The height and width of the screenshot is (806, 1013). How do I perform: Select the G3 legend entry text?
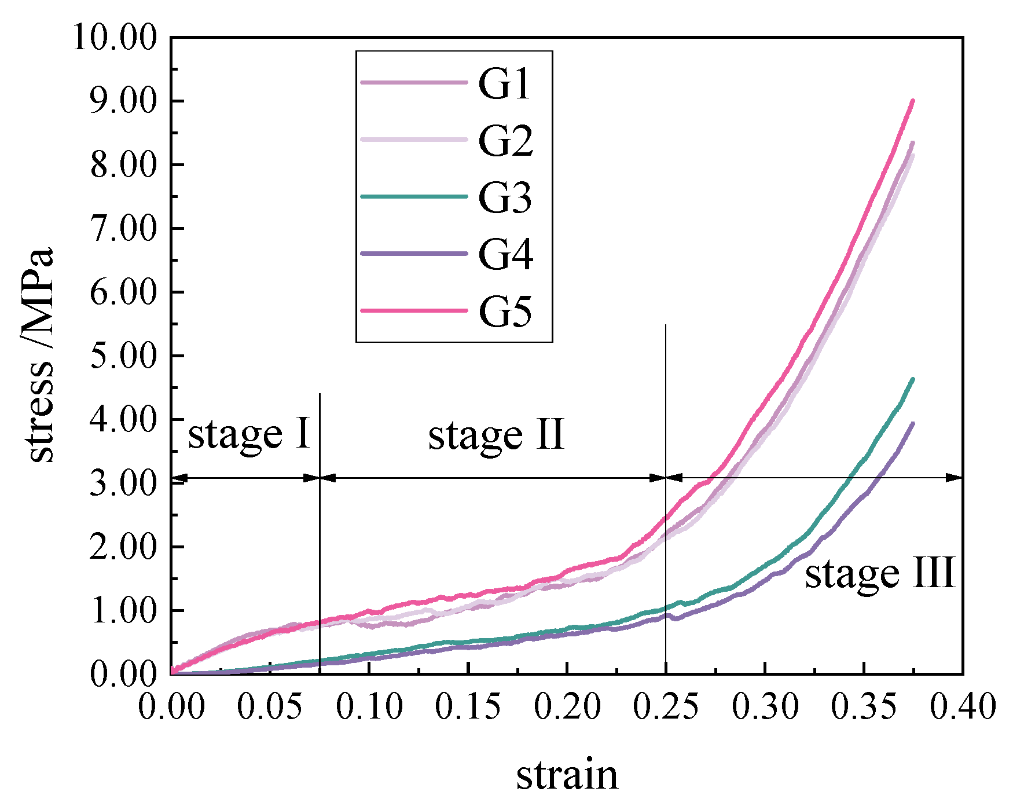pyautogui.click(x=505, y=198)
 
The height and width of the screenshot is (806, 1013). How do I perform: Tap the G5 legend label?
pyautogui.click(x=505, y=312)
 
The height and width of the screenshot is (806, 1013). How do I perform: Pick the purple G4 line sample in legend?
pyautogui.click(x=413, y=254)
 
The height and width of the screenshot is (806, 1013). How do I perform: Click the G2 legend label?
pyautogui.click(x=505, y=141)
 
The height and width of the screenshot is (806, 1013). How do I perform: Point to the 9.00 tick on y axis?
pyautogui.click(x=123, y=102)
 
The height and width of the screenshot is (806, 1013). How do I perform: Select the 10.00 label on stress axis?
pyautogui.click(x=115, y=38)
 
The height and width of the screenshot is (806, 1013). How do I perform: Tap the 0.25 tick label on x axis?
pyautogui.click(x=666, y=708)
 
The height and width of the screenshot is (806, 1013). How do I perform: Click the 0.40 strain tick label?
pyautogui.click(x=963, y=708)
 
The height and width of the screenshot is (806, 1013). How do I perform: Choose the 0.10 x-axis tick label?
pyautogui.click(x=369, y=708)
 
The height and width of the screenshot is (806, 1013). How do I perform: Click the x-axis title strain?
pyautogui.click(x=567, y=775)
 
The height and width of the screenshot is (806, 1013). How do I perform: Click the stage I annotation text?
pyautogui.click(x=249, y=435)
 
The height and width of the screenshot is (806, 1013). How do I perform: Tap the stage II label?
pyautogui.click(x=496, y=436)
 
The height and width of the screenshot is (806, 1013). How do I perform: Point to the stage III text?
pyautogui.click(x=879, y=574)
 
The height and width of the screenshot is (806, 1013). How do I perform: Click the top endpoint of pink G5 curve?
pyautogui.click(x=913, y=101)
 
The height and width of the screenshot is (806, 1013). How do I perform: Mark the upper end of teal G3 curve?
pyautogui.click(x=913, y=379)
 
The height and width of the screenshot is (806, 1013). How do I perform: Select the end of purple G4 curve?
pyautogui.click(x=913, y=423)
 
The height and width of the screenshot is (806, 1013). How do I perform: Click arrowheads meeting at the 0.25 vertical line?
pyautogui.click(x=666, y=478)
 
